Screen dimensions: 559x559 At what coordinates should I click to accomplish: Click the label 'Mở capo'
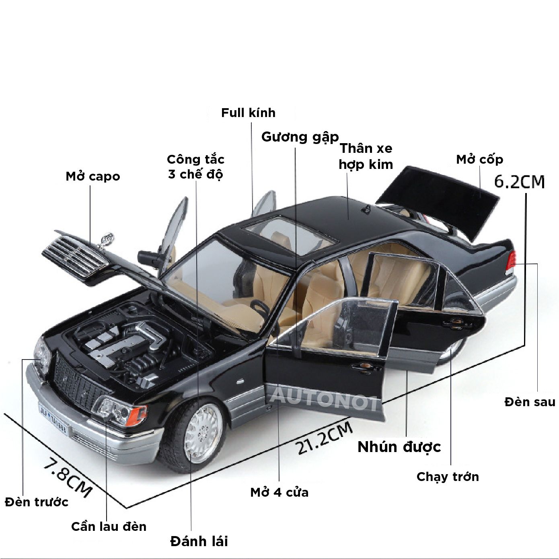click(x=93, y=177)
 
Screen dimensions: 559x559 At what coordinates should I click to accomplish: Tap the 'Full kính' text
click(x=248, y=113)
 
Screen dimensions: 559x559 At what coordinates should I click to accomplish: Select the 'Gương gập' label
click(x=300, y=137)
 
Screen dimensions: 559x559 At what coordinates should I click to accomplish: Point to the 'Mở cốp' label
click(x=479, y=160)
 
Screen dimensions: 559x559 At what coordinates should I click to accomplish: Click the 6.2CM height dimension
click(x=519, y=182)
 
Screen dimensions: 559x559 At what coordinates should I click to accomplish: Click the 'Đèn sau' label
click(x=530, y=402)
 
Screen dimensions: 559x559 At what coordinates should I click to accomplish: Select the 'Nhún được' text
click(x=399, y=447)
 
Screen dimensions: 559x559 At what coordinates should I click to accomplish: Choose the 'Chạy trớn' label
click(x=448, y=477)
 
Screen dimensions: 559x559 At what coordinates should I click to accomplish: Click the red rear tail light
click(x=511, y=261)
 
